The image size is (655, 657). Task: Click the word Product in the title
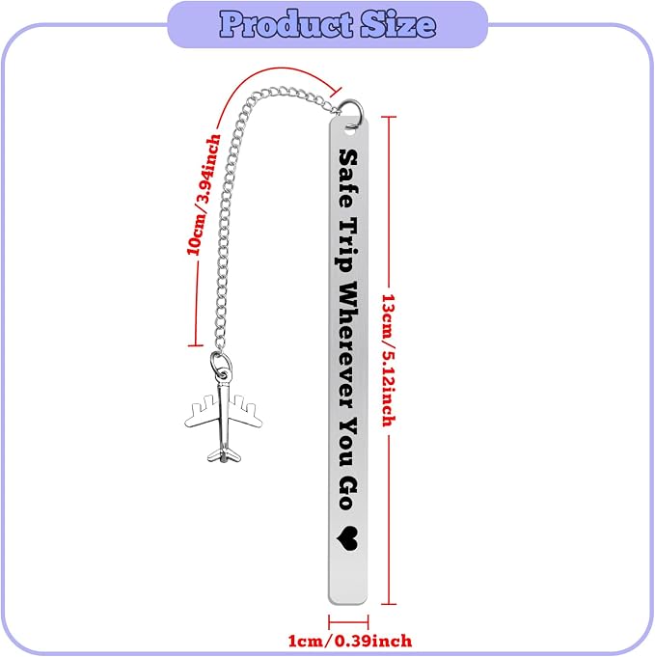(287, 24)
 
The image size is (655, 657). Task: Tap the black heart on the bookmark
(347, 538)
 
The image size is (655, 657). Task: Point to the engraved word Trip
(347, 245)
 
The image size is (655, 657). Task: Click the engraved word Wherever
(348, 344)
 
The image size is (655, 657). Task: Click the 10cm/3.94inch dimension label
(204, 195)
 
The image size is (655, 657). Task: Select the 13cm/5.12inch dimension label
(389, 361)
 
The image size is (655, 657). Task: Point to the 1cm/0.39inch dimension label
(350, 641)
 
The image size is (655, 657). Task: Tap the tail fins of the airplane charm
(224, 455)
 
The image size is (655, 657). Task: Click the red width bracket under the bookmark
(348, 622)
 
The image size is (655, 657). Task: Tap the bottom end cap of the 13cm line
(389, 604)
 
